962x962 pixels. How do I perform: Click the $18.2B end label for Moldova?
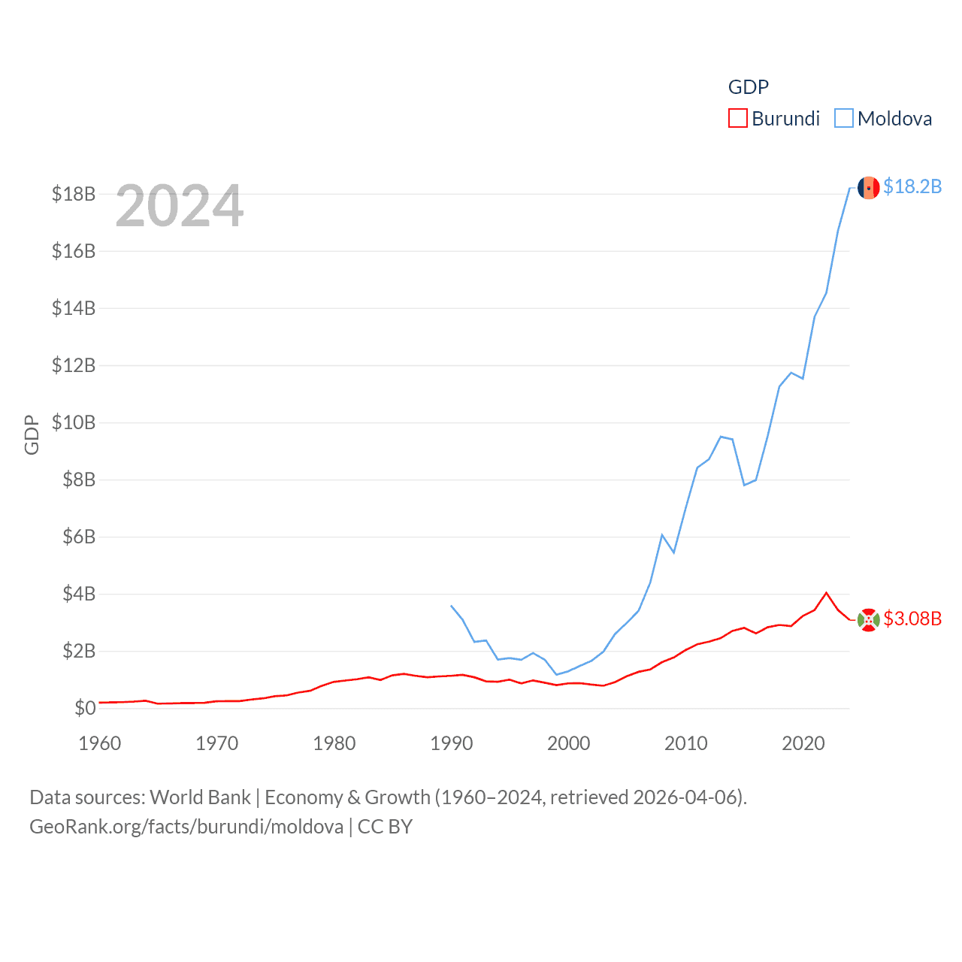912,186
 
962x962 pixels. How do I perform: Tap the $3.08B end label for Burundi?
912,619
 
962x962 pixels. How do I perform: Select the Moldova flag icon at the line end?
869,188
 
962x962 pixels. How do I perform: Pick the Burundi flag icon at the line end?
869,620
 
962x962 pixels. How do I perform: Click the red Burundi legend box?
738,119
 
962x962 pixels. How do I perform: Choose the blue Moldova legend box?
844,119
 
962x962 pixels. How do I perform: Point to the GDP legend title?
749,87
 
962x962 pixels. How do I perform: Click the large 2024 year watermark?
180,206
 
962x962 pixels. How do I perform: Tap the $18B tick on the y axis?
74,194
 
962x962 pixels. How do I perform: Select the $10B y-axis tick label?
74,422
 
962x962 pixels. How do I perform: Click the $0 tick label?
85,708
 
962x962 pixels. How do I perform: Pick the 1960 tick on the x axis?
100,743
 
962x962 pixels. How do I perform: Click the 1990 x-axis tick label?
452,743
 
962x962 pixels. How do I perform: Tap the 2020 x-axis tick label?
803,743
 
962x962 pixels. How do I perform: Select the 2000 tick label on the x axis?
569,743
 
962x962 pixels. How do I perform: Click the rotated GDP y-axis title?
32,435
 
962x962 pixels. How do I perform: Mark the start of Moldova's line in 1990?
451,605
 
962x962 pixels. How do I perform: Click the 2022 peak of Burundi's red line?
827,593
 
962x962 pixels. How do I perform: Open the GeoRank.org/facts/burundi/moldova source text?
186,827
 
